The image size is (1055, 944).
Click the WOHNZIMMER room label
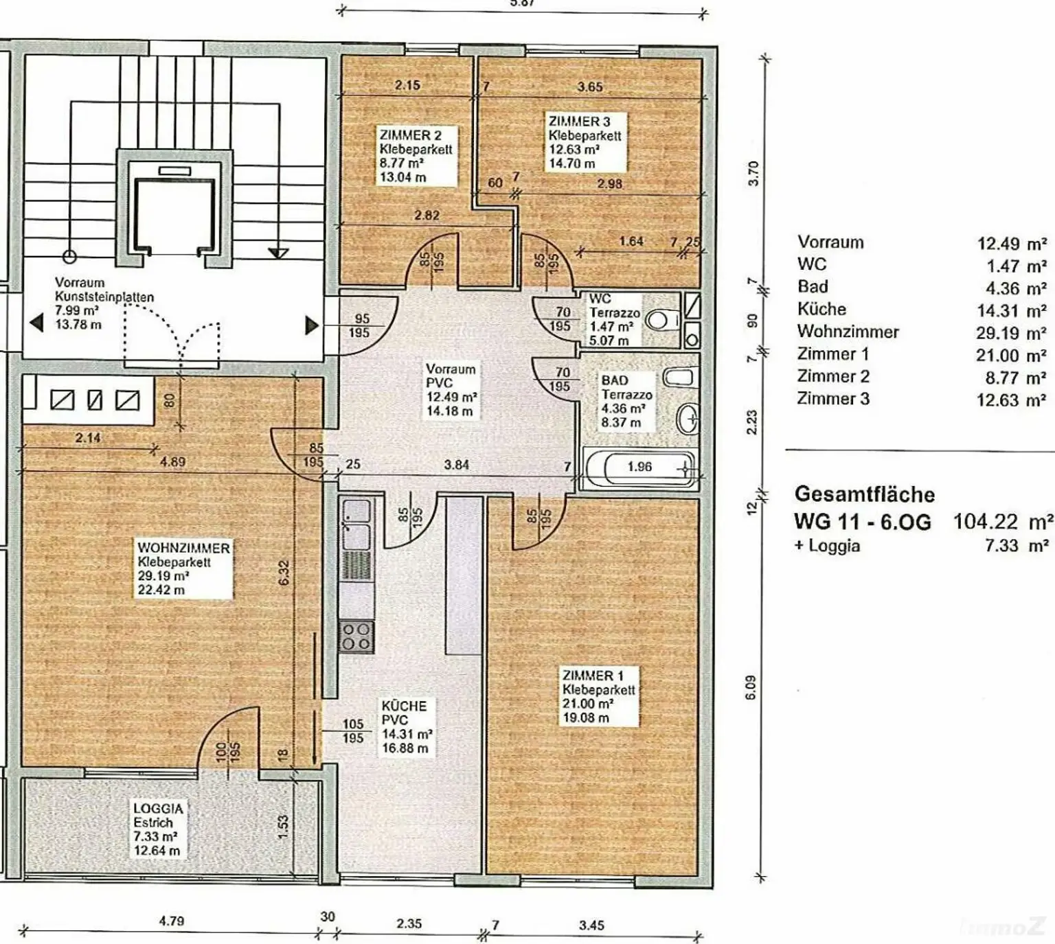(183, 548)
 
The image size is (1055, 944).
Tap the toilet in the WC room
(662, 320)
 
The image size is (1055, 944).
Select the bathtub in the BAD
(640, 468)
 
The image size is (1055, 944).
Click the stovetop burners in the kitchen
(356, 637)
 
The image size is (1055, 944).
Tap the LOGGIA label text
(158, 808)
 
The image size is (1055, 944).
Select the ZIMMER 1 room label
(593, 676)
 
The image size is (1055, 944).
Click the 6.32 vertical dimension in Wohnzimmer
(284, 572)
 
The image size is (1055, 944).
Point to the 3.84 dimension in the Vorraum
(456, 465)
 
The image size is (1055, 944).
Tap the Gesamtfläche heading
(865, 494)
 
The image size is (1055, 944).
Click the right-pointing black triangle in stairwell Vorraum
(311, 325)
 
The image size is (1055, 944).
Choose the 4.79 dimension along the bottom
(172, 921)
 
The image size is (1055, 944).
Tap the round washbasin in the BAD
(688, 417)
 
